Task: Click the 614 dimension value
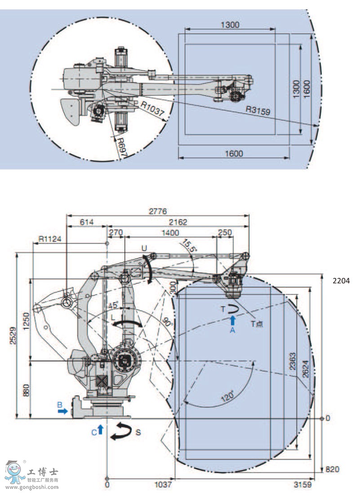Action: point(87,222)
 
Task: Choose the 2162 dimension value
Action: point(178,222)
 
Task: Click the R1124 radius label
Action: point(48,239)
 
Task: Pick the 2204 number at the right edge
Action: point(341,281)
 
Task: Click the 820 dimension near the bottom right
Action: point(332,469)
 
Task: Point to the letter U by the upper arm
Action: point(144,248)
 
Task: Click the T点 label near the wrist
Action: point(257,323)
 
